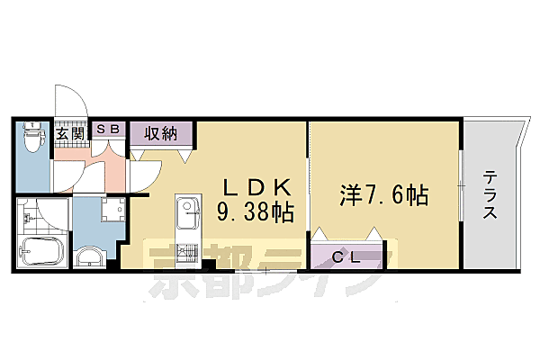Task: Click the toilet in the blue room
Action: (32, 139)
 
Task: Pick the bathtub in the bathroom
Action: (40, 254)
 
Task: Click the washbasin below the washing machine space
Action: (90, 259)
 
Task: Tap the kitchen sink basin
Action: (189, 213)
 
